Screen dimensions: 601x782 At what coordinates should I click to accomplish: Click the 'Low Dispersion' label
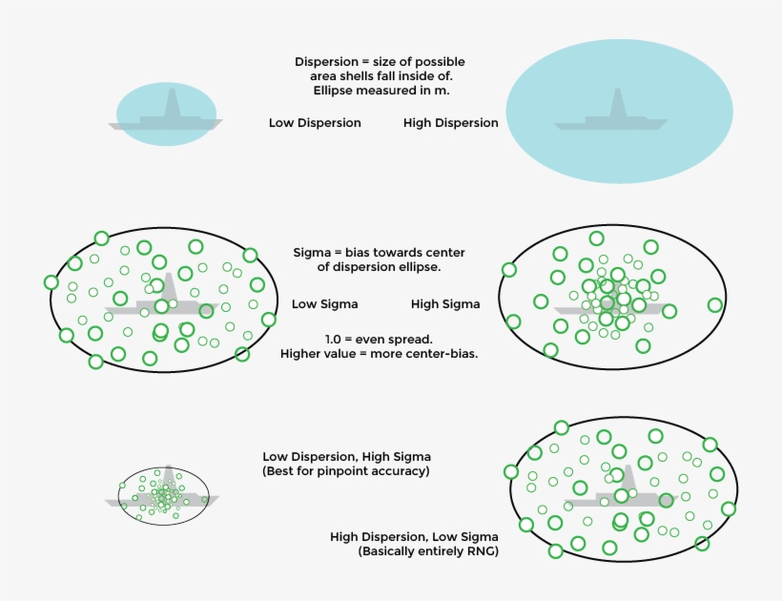[315, 123]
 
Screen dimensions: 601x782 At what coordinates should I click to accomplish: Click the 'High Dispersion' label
[450, 123]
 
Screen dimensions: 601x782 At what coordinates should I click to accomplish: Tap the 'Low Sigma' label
[325, 304]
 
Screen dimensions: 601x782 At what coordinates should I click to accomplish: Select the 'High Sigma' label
[445, 304]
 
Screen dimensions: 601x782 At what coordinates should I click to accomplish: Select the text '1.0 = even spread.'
[379, 339]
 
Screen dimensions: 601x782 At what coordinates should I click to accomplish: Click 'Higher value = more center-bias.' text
[379, 354]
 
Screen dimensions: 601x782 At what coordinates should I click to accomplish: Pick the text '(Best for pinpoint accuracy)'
[345, 472]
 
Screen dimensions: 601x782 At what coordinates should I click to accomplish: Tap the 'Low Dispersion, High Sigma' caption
[346, 457]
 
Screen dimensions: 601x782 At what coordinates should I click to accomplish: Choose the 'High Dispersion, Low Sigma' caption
[414, 537]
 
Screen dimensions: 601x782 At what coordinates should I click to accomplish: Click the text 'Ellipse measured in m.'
[381, 91]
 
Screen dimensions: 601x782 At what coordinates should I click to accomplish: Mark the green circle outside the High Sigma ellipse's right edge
[715, 305]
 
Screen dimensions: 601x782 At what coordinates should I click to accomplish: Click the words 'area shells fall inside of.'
[380, 76]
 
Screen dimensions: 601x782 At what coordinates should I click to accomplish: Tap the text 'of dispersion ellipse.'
[379, 267]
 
